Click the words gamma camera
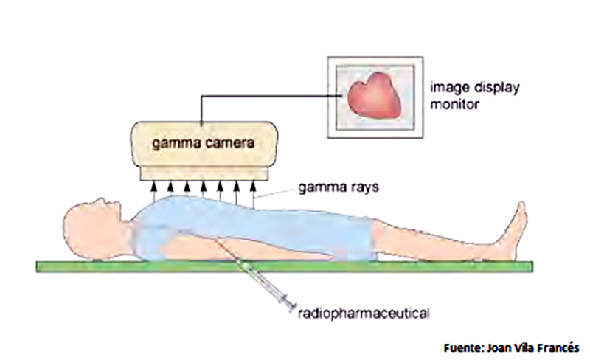pyautogui.click(x=204, y=143)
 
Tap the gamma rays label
pyautogui.click(x=339, y=187)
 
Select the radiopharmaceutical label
pyautogui.click(x=364, y=314)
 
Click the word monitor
pyautogui.click(x=454, y=104)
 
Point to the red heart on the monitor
pyautogui.click(x=375, y=96)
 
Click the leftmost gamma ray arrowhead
pyautogui.click(x=153, y=186)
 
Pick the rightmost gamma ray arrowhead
pyautogui.click(x=253, y=186)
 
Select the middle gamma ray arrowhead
pyautogui.click(x=204, y=186)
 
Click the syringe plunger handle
pyautogui.click(x=291, y=303)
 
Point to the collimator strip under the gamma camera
pyautogui.click(x=204, y=173)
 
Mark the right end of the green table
pyautogui.click(x=532, y=266)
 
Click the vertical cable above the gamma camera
pyautogui.click(x=201, y=110)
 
